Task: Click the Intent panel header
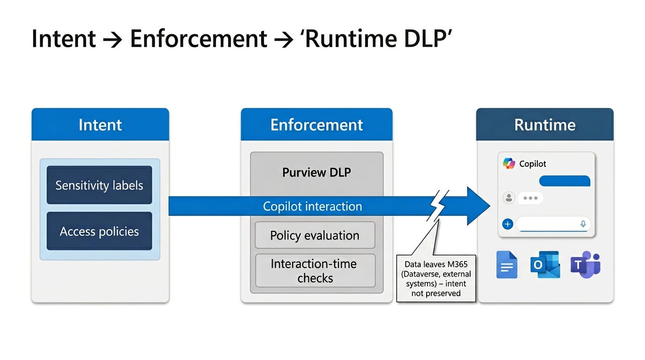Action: [100, 125]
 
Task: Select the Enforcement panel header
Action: [316, 125]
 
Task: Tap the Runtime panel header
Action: [544, 125]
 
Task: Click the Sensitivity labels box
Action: [99, 185]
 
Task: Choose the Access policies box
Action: [99, 231]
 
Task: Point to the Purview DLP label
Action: [316, 172]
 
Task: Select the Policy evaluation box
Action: [315, 235]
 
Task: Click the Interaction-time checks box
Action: [315, 270]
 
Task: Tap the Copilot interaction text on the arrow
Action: [312, 206]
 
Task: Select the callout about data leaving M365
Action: [436, 278]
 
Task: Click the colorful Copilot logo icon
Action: [509, 164]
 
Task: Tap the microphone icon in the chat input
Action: [583, 224]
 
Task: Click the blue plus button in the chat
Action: [507, 224]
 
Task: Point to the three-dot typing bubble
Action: [530, 198]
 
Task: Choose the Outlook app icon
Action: [545, 265]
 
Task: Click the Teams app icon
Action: [585, 265]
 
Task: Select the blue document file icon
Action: [507, 265]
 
